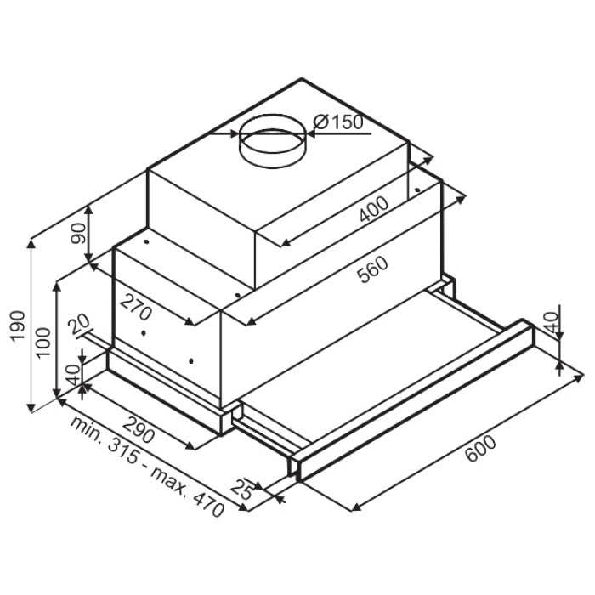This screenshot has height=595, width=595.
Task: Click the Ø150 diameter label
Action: click(x=338, y=122)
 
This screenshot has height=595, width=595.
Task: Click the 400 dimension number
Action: click(x=374, y=209)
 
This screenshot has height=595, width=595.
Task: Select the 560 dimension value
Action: click(x=374, y=269)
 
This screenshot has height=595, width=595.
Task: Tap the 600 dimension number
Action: click(x=480, y=449)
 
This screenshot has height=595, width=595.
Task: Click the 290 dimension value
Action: click(x=139, y=429)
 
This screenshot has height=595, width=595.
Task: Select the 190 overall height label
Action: click(x=18, y=326)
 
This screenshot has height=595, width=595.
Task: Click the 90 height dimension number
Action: click(x=78, y=234)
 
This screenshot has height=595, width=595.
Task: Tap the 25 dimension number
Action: click(x=242, y=489)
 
